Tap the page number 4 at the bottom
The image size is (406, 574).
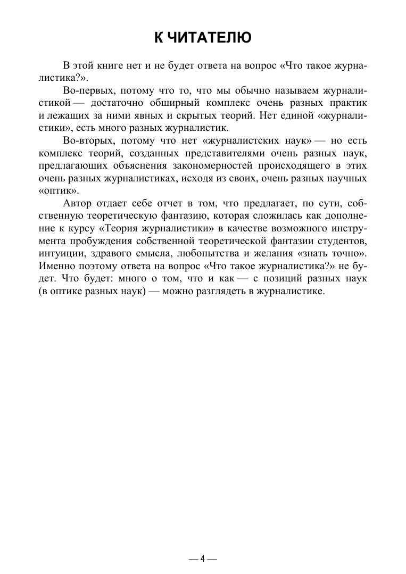tap(203, 559)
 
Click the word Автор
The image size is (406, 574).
tap(77, 203)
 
